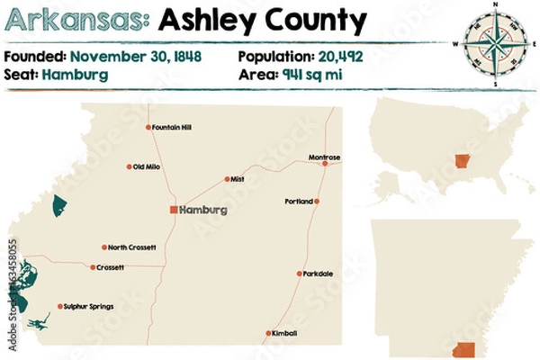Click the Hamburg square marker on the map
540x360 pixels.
[x=175, y=210]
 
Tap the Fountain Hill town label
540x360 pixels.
[x=174, y=127]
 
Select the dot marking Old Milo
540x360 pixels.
[x=130, y=166]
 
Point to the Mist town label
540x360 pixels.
[x=238, y=179]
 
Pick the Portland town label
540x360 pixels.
[x=298, y=201]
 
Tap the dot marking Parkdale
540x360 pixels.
[x=300, y=274]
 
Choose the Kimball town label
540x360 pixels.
[x=285, y=333]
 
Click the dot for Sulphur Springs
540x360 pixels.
[x=60, y=307]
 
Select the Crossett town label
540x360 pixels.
[x=111, y=267]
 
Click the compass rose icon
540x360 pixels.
[x=494, y=41]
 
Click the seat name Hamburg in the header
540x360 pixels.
[x=75, y=75]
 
